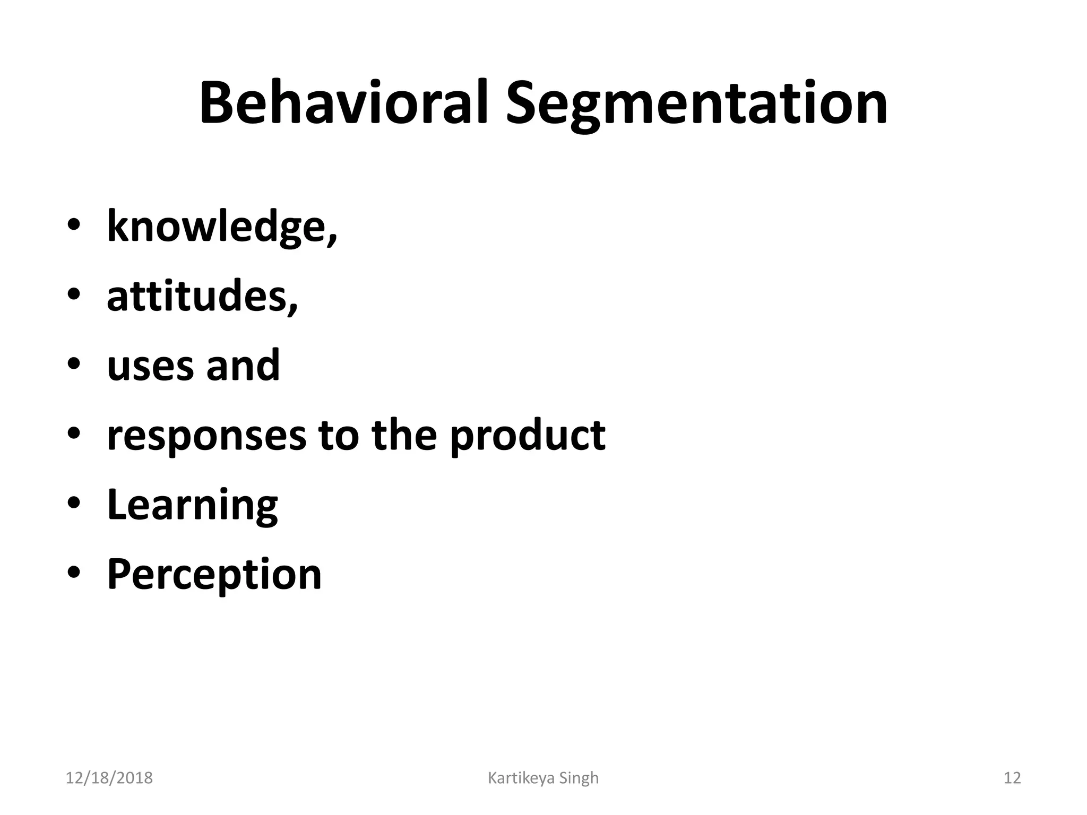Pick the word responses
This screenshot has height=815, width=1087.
(x=206, y=436)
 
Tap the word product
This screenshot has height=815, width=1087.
(x=528, y=436)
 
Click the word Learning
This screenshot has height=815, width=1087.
(x=192, y=505)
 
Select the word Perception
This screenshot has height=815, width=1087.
(x=214, y=575)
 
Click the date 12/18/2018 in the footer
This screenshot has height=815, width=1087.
(x=109, y=778)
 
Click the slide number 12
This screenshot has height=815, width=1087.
(x=1012, y=778)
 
